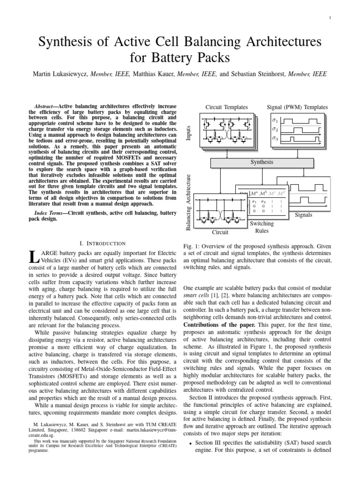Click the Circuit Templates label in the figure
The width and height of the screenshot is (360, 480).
tap(226, 107)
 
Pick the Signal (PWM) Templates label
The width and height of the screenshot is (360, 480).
tap(297, 107)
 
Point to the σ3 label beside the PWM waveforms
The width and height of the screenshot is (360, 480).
tap(275, 139)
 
